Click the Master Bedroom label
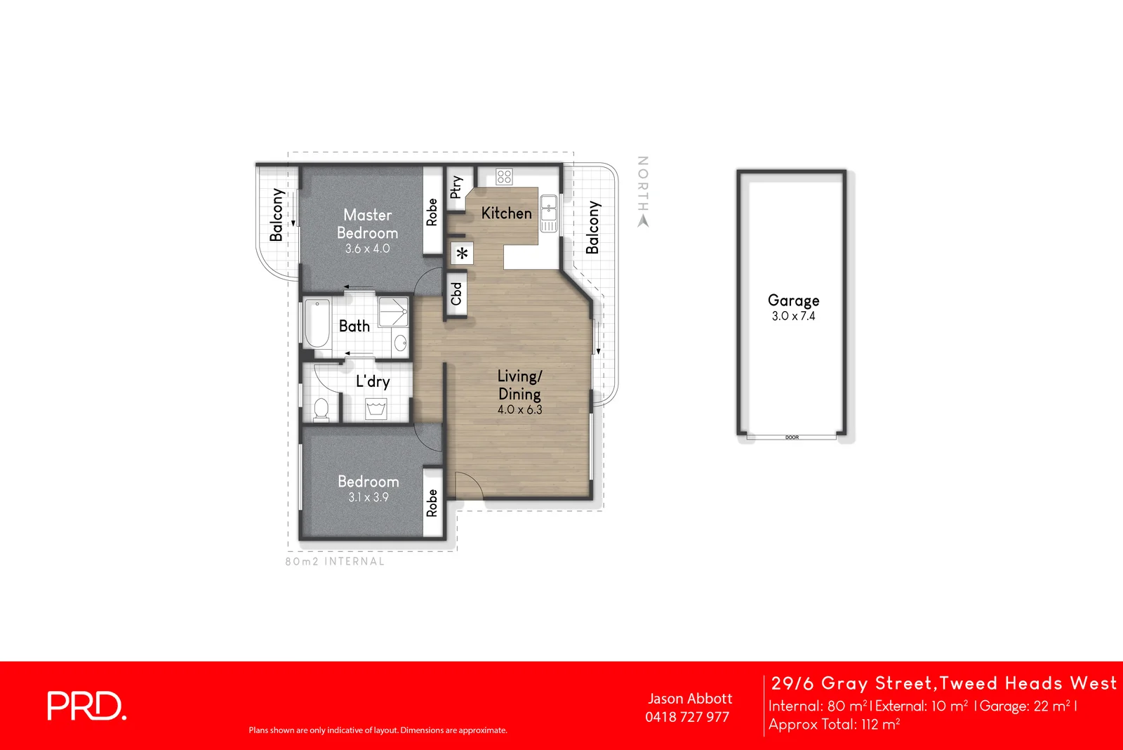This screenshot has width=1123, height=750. coord(367,224)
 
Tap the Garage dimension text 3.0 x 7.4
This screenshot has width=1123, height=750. coord(793,316)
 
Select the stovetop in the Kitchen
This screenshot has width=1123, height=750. coord(504,176)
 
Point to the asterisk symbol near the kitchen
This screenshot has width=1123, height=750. coord(463,254)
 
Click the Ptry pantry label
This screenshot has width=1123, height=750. coord(456,187)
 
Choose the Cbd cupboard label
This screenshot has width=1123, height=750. coord(456,294)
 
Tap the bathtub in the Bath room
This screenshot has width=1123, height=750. coord(317,324)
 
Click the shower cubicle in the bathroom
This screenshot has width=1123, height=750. coord(393,311)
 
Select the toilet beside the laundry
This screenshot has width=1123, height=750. coord(321,409)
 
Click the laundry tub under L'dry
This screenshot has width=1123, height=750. coord(376,409)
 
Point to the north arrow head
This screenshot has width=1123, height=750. coord(643,221)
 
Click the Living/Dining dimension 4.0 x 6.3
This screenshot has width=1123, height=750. coord(519,409)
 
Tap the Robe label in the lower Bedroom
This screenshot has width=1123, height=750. coord(432,503)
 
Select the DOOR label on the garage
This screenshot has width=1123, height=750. coord(792,438)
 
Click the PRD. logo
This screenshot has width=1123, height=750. coord(86,706)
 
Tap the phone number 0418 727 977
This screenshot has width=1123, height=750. coord(687,717)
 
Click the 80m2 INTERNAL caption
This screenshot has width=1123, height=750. coord(335,561)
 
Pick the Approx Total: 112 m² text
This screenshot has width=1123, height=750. coord(834,725)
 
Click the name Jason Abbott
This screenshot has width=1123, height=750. coord(690,699)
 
